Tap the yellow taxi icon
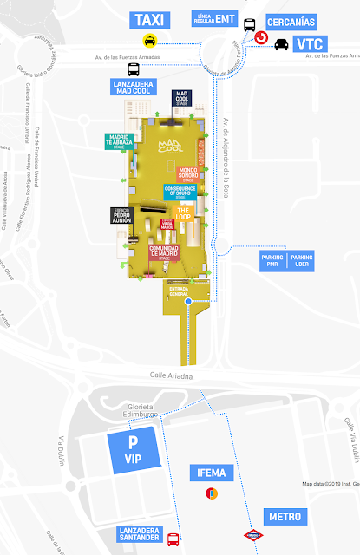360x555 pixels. coord(150,40)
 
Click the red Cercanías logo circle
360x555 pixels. coord(260,37)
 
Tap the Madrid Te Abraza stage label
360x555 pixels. coord(119,141)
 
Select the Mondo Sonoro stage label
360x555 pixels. coord(188,173)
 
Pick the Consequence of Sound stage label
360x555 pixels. coord(182,193)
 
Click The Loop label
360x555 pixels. coord(183,212)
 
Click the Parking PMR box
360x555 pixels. coord(272,261)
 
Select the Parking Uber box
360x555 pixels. coord(302,261)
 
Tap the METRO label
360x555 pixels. coord(285,517)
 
